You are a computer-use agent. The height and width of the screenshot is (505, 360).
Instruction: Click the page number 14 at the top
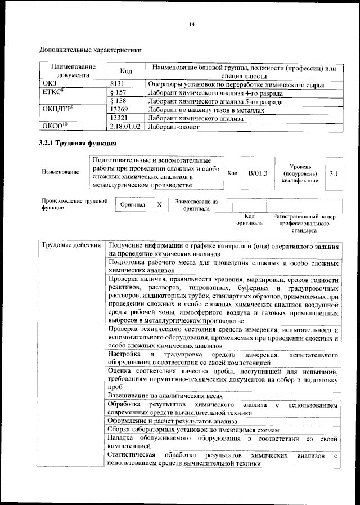coord(192,24)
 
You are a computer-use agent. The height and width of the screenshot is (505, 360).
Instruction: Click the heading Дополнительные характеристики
coord(90,50)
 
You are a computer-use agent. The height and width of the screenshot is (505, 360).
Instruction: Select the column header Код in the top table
coord(127,71)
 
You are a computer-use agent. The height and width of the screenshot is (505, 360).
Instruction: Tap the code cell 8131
coord(116,84)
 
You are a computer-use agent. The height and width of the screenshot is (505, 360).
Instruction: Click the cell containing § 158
coord(119,101)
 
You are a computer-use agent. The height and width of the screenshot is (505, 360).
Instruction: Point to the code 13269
coord(120,110)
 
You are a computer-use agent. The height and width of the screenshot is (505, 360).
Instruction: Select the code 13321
coord(120,118)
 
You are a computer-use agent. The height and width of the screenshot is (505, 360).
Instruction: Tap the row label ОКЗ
coord(50,84)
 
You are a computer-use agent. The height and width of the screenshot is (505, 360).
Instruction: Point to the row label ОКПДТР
coord(58,110)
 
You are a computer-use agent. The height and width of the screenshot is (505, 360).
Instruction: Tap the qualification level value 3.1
coord(334,173)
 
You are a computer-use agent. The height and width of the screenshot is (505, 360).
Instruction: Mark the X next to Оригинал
coord(159,205)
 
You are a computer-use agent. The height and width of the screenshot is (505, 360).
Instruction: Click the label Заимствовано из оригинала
coord(196,205)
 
